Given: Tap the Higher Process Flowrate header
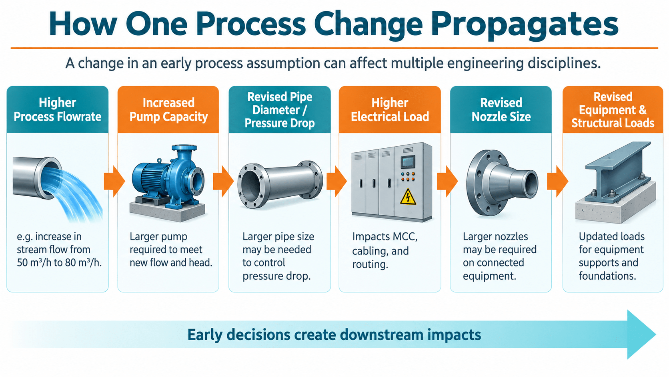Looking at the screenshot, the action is pos(57,109).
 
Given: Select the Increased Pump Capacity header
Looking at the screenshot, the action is pos(168,109).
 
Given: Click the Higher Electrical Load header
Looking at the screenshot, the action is pos(390,109).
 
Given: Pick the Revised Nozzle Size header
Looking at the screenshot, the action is pos(501,109).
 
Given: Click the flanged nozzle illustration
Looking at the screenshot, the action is pos(502,182).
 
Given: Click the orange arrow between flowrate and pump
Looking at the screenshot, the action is pos(114,181).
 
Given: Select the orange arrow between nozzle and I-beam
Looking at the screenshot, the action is pos(557,181).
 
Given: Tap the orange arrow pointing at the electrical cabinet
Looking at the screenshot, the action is pos(337,181).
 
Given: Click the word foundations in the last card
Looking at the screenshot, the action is pos(607,276).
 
